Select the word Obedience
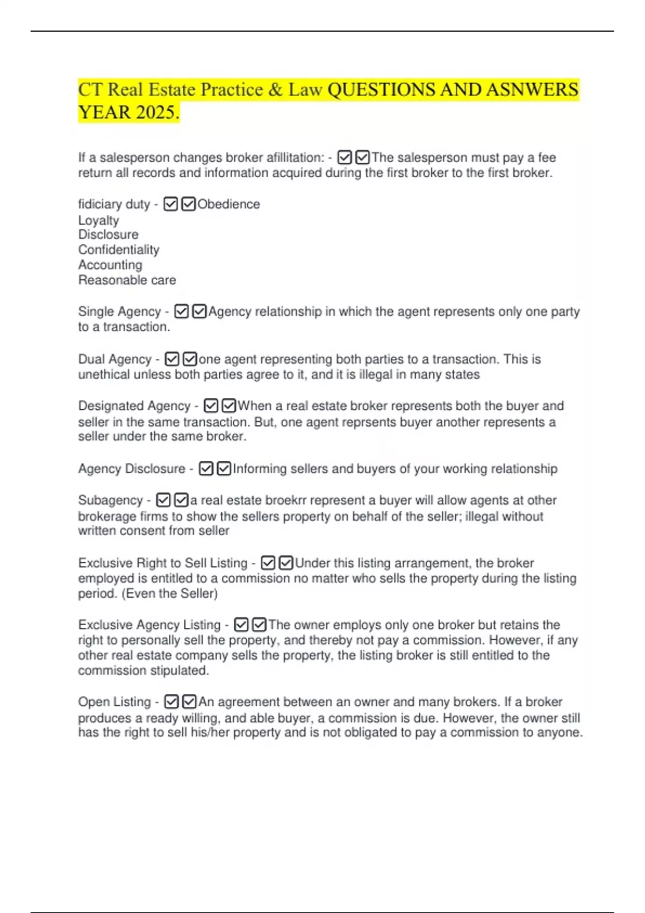[228, 204]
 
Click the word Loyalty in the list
[98, 220]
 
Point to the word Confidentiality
[119, 250]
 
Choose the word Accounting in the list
[110, 265]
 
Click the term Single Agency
[119, 311]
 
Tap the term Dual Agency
[114, 359]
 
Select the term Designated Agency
[134, 406]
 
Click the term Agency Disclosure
[131, 469]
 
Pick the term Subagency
[110, 500]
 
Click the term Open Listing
[114, 702]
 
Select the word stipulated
[181, 670]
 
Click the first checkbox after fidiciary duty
[170, 204]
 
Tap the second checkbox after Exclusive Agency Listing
[259, 625]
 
